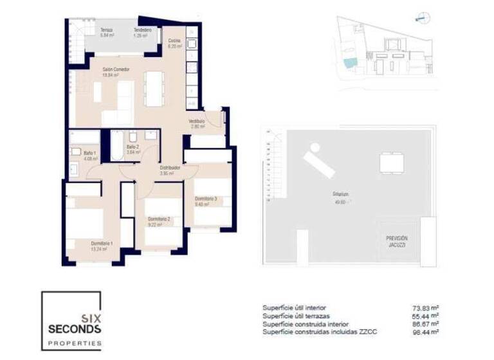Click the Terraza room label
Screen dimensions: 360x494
(106, 30)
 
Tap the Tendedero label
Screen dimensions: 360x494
(142, 30)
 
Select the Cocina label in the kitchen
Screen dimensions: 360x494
(174, 41)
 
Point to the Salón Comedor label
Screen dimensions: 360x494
(115, 69)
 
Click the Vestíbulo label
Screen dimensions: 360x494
(196, 121)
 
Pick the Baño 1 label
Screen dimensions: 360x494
(90, 153)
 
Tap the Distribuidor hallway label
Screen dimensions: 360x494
(170, 168)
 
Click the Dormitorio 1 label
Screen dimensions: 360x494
(102, 243)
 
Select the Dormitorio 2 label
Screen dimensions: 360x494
(159, 219)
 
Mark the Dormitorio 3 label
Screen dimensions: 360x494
(205, 199)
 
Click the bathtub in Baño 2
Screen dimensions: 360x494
(116, 147)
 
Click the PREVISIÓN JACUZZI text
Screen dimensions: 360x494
(396, 241)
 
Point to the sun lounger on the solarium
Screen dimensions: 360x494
(318, 160)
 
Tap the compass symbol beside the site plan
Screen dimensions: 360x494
(422, 18)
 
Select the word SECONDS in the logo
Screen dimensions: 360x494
(75, 329)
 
